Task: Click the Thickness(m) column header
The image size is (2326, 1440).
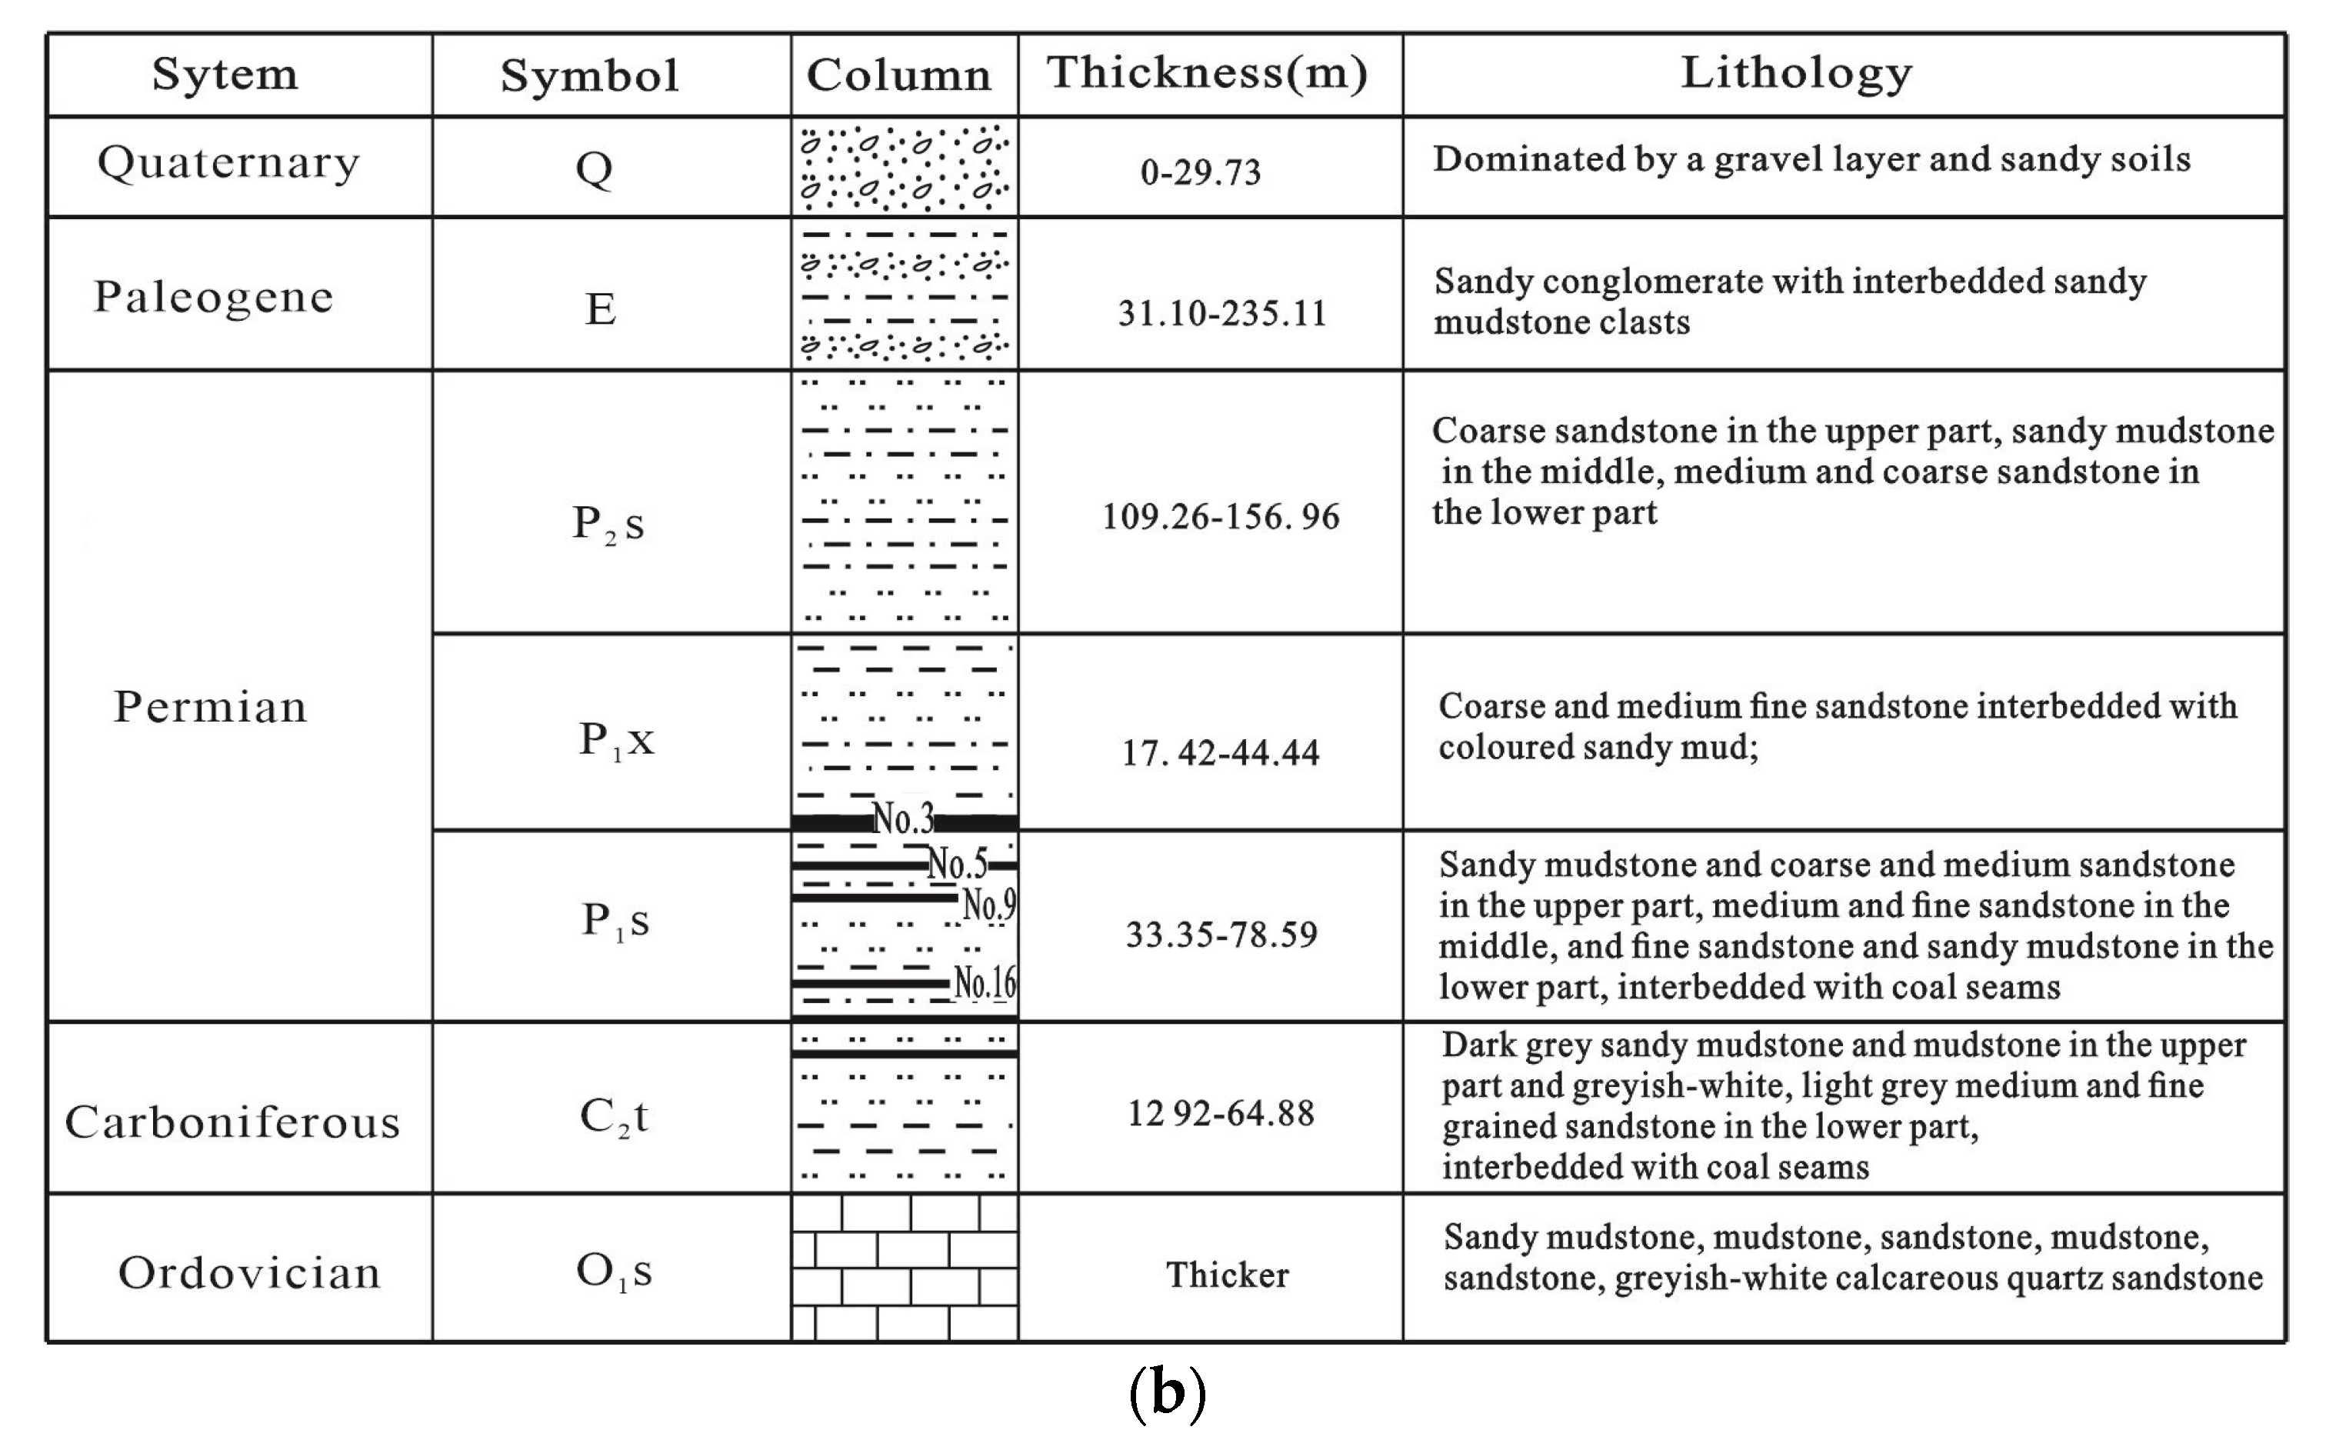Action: coord(1208,73)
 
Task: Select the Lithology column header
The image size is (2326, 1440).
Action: coord(1796,73)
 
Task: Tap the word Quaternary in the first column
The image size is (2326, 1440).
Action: coord(228,163)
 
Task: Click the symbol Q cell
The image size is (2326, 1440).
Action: coord(594,169)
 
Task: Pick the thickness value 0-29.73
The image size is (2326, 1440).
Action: coord(1201,172)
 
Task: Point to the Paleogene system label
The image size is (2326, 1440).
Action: coord(213,297)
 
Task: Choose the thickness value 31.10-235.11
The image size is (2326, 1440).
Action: coord(1221,313)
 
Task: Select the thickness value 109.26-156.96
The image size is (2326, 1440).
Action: coord(1220,517)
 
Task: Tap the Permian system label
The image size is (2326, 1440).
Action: coord(211,708)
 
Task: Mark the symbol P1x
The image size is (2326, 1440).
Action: coord(616,740)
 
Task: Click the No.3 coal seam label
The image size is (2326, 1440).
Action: coord(902,818)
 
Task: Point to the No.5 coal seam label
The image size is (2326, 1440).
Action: coord(957,865)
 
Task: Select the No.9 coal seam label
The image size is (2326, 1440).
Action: coord(989,904)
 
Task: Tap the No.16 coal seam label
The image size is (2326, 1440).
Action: coord(985,982)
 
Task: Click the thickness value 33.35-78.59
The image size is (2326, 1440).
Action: coord(1221,935)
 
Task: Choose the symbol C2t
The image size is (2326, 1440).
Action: coord(613,1117)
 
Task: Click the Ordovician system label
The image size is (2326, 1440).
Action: coord(249,1273)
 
